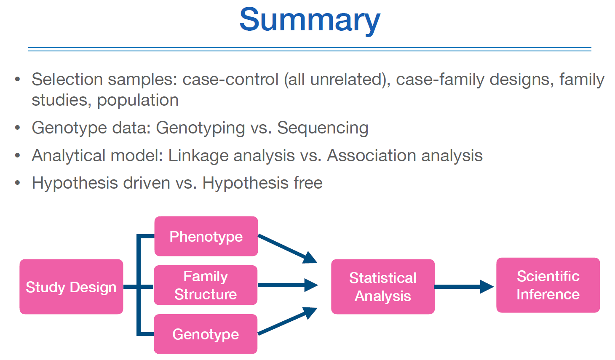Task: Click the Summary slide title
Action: pos(310,20)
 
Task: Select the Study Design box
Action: pos(71,287)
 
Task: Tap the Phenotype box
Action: pos(206,236)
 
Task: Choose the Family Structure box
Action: pos(206,285)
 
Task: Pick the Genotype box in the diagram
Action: pos(206,334)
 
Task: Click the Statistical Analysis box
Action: pos(382,287)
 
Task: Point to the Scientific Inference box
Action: pos(548,285)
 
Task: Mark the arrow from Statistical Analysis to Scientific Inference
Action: pos(463,287)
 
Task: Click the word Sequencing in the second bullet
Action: pos(323,128)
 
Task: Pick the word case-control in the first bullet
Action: pos(230,80)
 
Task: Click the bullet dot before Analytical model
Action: pos(17,156)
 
